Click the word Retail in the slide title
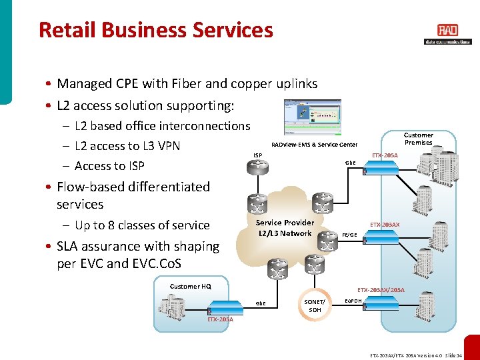[x=64, y=30]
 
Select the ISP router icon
[x=257, y=168]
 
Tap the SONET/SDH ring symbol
[x=314, y=305]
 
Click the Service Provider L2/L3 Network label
[x=285, y=228]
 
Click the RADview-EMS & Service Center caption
[x=314, y=145]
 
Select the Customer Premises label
[x=419, y=139]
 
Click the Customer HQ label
[x=190, y=286]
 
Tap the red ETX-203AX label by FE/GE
[x=385, y=225]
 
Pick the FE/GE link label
[x=349, y=235]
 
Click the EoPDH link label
[x=353, y=301]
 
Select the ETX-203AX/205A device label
[x=381, y=290]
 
